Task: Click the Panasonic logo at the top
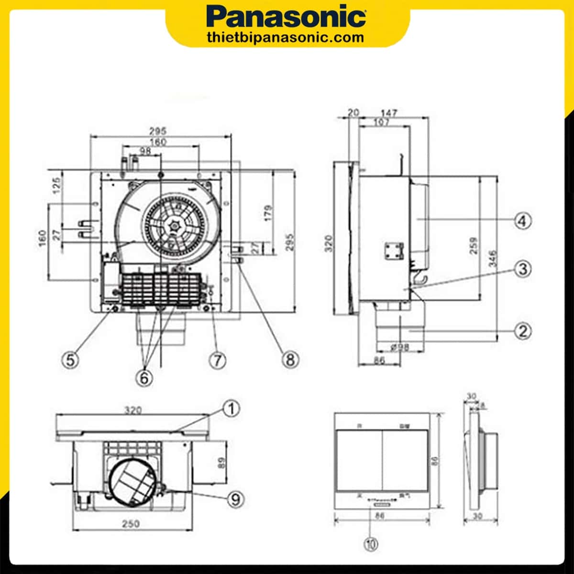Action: coord(287,18)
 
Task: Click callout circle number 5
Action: coord(71,360)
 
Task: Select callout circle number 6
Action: coord(144,378)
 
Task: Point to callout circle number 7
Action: coord(218,360)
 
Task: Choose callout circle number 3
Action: coord(523,268)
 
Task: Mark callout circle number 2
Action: coord(523,331)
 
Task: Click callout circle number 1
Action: coord(232,409)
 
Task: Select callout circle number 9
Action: coord(235,499)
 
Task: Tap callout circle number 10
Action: coord(372,544)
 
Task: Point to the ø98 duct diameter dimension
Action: coord(399,347)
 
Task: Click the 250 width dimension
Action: coord(131,523)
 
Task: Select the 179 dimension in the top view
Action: coord(268,213)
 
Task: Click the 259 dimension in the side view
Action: coord(474,245)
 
